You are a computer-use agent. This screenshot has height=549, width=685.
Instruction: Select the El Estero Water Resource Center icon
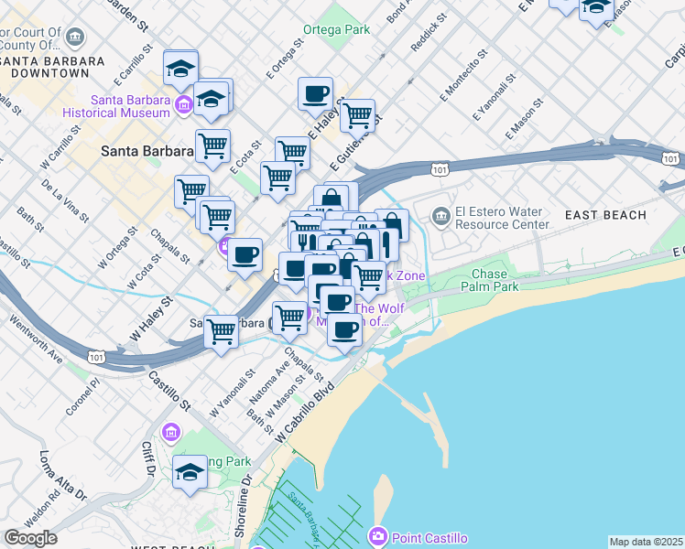pyautogui.click(x=441, y=215)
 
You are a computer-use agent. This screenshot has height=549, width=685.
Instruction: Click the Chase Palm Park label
pyautogui.click(x=495, y=280)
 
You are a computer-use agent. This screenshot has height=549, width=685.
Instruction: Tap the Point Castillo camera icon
pyautogui.click(x=378, y=537)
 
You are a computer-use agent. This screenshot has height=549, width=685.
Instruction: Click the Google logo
pyautogui.click(x=30, y=538)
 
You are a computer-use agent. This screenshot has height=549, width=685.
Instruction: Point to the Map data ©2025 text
pyautogui.click(x=646, y=542)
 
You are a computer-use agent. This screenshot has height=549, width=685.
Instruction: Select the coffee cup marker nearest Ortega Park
pyautogui.click(x=315, y=93)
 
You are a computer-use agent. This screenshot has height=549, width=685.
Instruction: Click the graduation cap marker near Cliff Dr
pyautogui.click(x=190, y=473)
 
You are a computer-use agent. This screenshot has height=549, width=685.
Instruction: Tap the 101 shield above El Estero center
pyautogui.click(x=440, y=169)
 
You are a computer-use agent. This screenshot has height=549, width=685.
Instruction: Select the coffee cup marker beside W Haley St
pyautogui.click(x=245, y=254)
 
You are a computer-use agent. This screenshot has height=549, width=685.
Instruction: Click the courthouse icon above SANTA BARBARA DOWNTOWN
pyautogui.click(x=75, y=38)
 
